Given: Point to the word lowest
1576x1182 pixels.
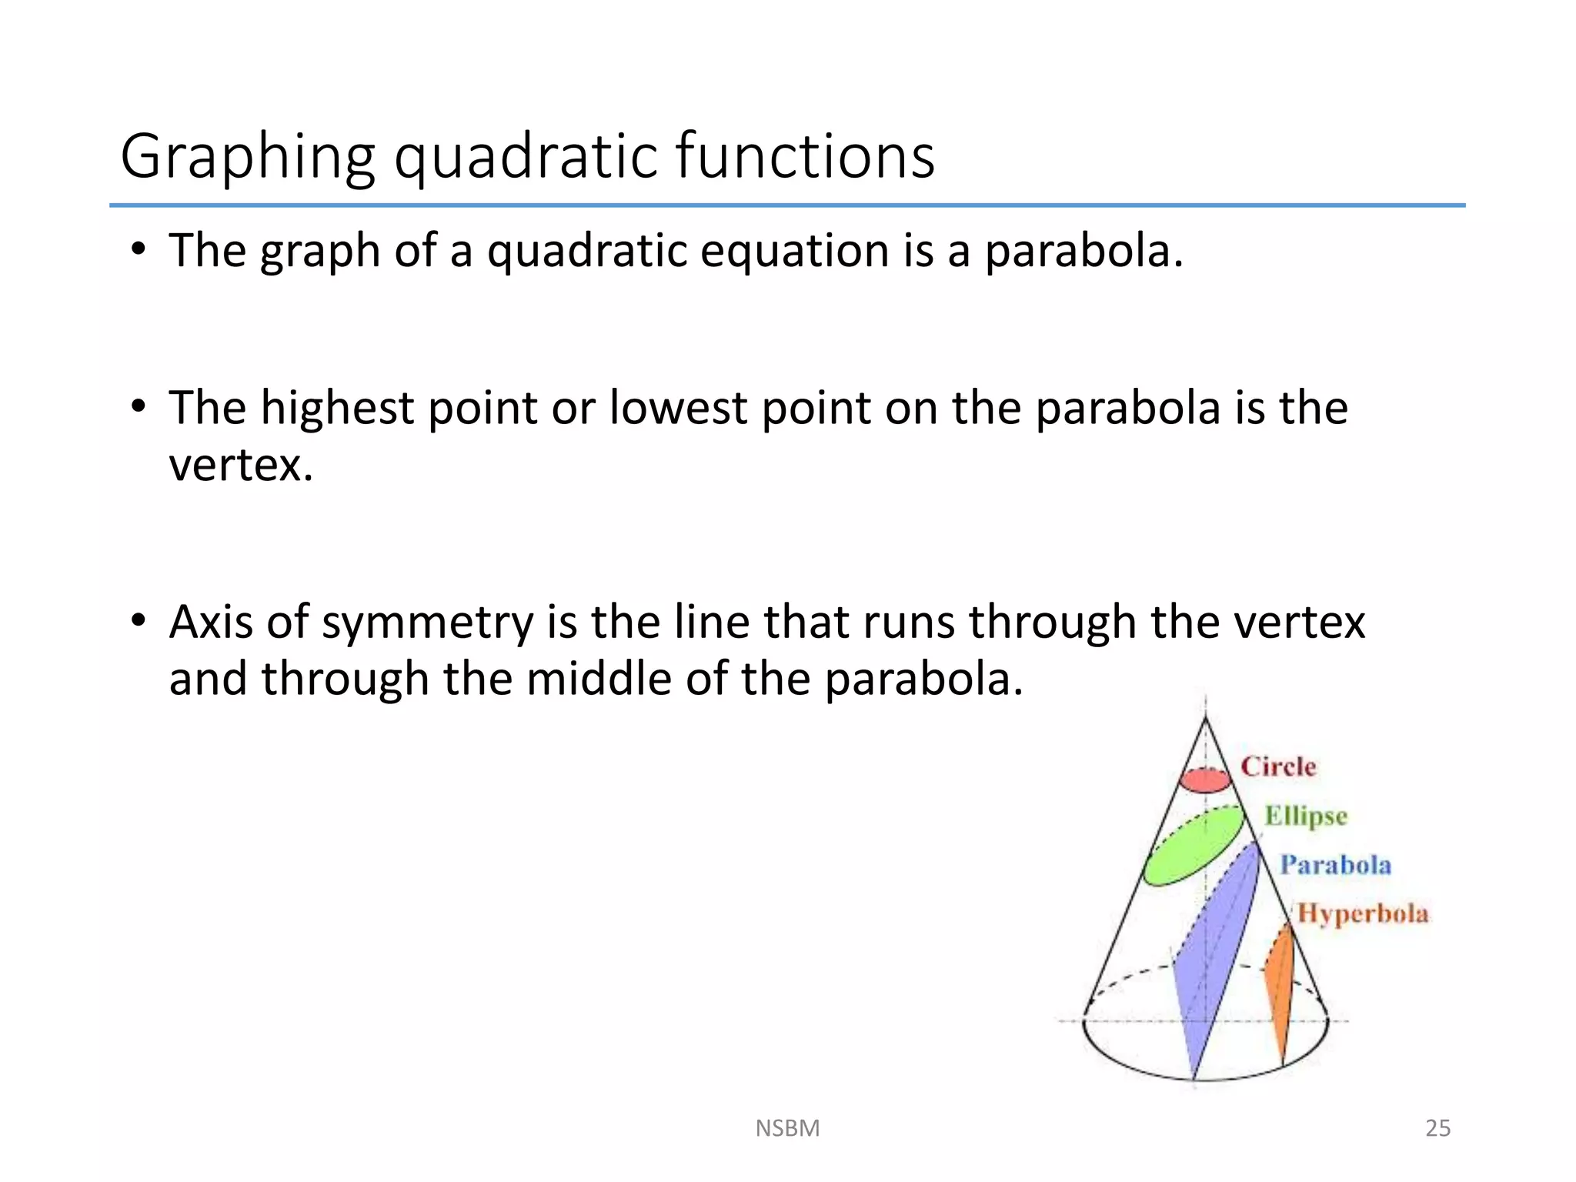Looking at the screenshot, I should coord(677,408).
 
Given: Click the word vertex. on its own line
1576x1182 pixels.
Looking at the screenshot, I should coord(241,466).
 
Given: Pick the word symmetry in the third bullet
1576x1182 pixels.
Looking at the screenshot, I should coord(427,623).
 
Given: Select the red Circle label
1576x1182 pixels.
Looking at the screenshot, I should coord(1278,766).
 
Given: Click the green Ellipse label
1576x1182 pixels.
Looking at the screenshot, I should coord(1306,816).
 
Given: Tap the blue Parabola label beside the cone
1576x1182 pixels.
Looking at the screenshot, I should coord(1335,865).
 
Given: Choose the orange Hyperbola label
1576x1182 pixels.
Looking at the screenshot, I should coord(1362,913).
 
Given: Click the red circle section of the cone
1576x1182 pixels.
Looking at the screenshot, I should coord(1206,781).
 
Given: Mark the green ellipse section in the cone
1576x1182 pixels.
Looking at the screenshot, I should coord(1193,846).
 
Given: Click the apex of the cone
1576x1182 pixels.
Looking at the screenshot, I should coord(1205,717).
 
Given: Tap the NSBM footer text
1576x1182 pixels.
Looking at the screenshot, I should coord(787,1128).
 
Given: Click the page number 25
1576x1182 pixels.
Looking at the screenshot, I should coord(1437,1128).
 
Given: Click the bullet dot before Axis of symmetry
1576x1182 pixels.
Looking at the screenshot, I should coord(138,620).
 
